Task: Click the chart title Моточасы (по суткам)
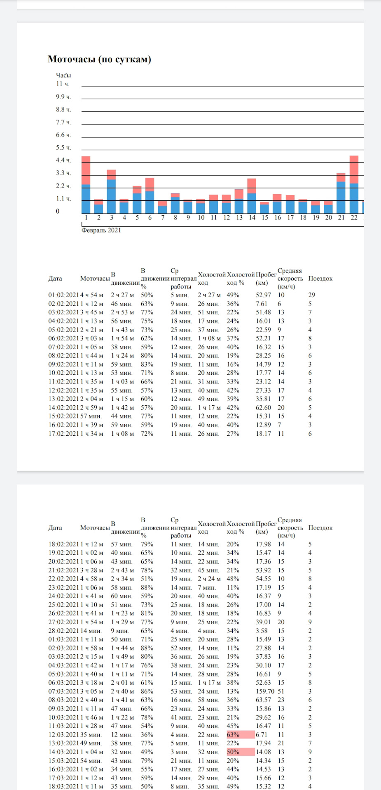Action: [99, 59]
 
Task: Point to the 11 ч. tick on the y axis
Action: [63, 84]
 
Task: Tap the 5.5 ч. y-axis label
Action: [63, 148]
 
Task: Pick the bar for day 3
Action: [111, 191]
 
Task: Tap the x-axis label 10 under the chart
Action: [201, 218]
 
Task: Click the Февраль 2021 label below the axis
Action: [101, 230]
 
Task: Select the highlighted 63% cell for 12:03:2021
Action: [241, 734]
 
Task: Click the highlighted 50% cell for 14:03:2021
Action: [241, 752]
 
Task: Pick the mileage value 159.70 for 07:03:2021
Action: [265, 691]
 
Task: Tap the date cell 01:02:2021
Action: [63, 295]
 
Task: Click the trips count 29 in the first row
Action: [311, 295]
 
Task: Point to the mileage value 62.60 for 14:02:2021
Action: [263, 408]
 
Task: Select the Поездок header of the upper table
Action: [320, 279]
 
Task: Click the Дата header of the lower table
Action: [55, 528]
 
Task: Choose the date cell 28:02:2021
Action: [63, 631]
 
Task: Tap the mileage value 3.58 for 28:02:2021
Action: [262, 631]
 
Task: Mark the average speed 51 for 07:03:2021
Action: [280, 691]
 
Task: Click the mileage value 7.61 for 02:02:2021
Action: [262, 304]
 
